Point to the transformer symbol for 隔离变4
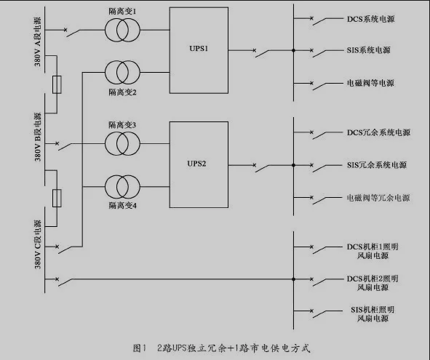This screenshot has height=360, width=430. point(122,185)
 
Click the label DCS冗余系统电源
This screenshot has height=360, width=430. point(378,133)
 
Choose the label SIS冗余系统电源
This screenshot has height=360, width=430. point(376,166)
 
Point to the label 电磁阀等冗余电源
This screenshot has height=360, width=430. point(377,199)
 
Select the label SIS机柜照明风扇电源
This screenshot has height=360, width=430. point(371,313)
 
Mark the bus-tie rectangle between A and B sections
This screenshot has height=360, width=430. point(57,84)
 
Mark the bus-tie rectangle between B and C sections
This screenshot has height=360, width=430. point(57,198)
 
